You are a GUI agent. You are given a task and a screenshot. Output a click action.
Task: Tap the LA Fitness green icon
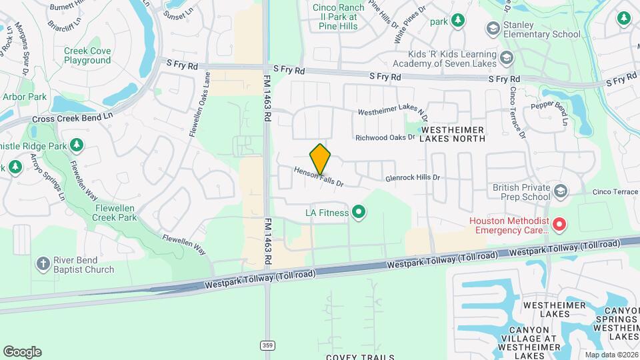[x=359, y=213]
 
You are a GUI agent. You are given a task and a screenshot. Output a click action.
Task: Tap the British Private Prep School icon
[x=560, y=192]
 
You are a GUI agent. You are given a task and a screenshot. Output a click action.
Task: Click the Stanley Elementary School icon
[x=493, y=29]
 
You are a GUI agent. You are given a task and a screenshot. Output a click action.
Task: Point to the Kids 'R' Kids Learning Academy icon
[x=507, y=58]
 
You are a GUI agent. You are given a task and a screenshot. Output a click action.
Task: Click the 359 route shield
[x=267, y=345]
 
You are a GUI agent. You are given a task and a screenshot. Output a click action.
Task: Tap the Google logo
[x=22, y=351]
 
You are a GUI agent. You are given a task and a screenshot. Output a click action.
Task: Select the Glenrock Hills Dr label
[x=413, y=178]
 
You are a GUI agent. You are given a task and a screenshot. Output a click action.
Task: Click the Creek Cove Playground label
[x=87, y=55]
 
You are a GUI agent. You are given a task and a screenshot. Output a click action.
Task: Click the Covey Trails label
[x=360, y=357]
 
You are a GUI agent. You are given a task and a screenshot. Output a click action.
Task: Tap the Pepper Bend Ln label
[x=549, y=111]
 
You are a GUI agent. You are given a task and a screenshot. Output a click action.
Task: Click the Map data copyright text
[x=611, y=355]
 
